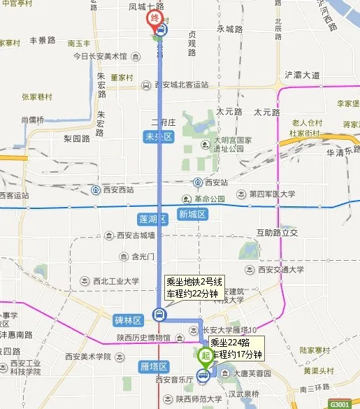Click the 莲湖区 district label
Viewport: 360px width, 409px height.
[x=151, y=219]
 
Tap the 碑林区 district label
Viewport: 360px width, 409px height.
[x=128, y=320]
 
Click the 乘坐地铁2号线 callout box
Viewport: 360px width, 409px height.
[x=193, y=287]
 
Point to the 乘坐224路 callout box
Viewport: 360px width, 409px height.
[x=236, y=349]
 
